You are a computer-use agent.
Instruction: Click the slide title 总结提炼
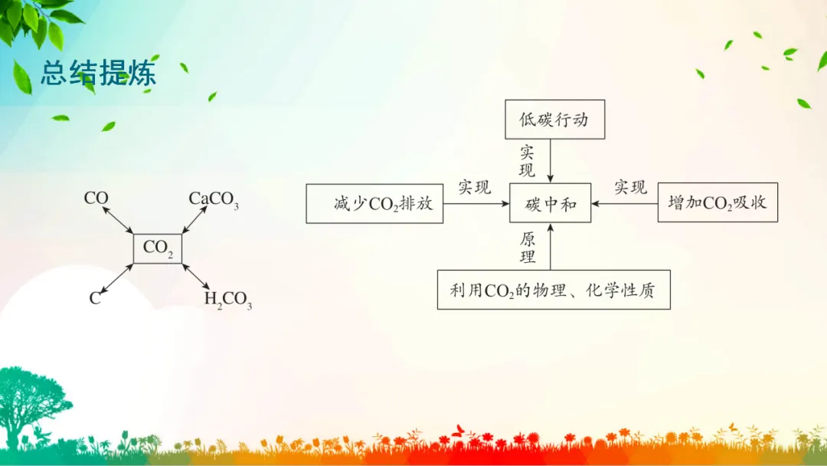[99, 73]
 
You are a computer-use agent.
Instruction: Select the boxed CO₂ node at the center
[158, 248]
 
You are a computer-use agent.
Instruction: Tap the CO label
[96, 198]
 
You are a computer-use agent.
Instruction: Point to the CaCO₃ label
[214, 199]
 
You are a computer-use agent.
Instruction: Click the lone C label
[95, 298]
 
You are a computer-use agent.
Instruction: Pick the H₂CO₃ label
[228, 299]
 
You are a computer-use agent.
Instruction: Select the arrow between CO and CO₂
[118, 219]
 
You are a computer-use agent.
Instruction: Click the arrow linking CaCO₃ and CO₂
[194, 219]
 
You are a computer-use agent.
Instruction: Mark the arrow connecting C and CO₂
[116, 278]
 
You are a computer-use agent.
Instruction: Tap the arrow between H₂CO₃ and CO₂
[196, 277]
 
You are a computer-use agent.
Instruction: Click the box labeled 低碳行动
[555, 120]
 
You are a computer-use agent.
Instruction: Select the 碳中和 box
[550, 203]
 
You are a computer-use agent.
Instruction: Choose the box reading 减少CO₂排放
[374, 204]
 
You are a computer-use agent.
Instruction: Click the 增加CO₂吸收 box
[717, 202]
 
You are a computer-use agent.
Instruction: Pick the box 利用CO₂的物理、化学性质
[554, 290]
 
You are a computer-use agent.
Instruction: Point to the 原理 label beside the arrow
[528, 248]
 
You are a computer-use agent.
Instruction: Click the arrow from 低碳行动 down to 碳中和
[550, 161]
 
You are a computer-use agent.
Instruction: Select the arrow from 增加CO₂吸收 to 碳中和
[625, 203]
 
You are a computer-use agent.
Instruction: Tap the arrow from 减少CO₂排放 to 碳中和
[476, 204]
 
